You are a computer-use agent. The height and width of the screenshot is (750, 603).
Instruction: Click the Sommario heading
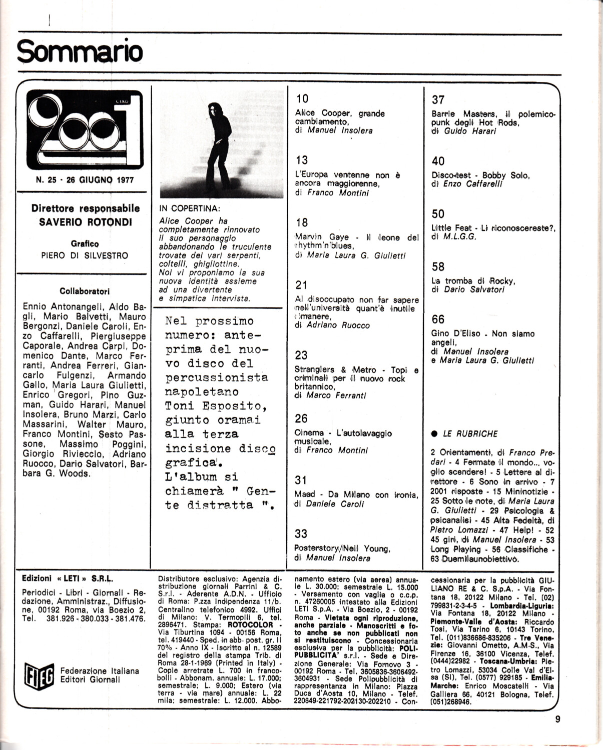[x=80, y=51]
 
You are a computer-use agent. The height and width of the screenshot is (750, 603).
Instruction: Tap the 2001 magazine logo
[x=84, y=129]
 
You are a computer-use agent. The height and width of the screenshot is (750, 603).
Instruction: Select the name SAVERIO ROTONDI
[x=85, y=222]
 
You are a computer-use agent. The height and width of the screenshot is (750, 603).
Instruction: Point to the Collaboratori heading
[x=84, y=291]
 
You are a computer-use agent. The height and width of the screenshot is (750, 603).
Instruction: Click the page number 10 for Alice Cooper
[x=302, y=99]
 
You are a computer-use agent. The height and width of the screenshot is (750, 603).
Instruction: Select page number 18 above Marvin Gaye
[x=301, y=222]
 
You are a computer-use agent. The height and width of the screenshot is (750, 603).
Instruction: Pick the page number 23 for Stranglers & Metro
[x=301, y=355]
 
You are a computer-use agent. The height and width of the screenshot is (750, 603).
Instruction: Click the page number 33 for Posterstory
[x=301, y=533]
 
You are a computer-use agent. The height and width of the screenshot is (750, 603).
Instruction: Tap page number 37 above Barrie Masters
[x=438, y=100]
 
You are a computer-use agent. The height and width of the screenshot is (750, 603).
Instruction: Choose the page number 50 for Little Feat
[x=438, y=214]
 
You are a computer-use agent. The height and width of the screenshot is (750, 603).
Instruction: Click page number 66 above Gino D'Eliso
[x=438, y=319]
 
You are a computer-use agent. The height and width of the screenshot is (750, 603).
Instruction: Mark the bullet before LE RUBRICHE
[x=434, y=433]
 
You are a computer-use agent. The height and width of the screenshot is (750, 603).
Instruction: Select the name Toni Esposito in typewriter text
[x=215, y=405]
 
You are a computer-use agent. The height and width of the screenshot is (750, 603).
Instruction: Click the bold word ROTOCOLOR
[x=250, y=624]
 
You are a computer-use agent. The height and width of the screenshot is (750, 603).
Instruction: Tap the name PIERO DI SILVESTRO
[x=85, y=255]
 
